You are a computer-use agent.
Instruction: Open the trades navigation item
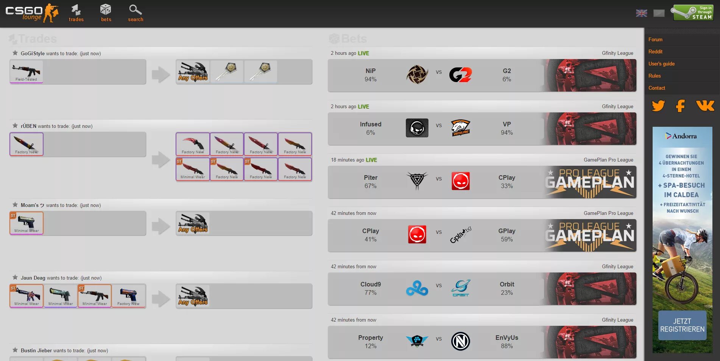(76, 13)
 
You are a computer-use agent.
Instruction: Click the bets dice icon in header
(106, 10)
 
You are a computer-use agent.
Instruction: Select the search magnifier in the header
(135, 10)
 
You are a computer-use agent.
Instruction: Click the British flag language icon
(641, 13)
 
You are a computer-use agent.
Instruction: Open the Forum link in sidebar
(655, 40)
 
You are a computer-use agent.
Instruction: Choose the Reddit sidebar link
(655, 52)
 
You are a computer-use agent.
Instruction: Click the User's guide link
(661, 64)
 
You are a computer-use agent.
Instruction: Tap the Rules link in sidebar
(655, 76)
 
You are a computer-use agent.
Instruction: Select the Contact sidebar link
(656, 88)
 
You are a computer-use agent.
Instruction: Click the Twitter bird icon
(658, 106)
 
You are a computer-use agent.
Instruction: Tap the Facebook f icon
(680, 106)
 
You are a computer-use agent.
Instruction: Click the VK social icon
(705, 106)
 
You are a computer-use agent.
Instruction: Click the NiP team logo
(417, 75)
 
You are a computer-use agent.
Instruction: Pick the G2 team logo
(460, 75)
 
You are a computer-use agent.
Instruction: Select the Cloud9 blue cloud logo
(417, 288)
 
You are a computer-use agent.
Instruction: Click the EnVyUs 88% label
(506, 342)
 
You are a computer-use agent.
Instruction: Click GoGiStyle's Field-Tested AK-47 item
(26, 72)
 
